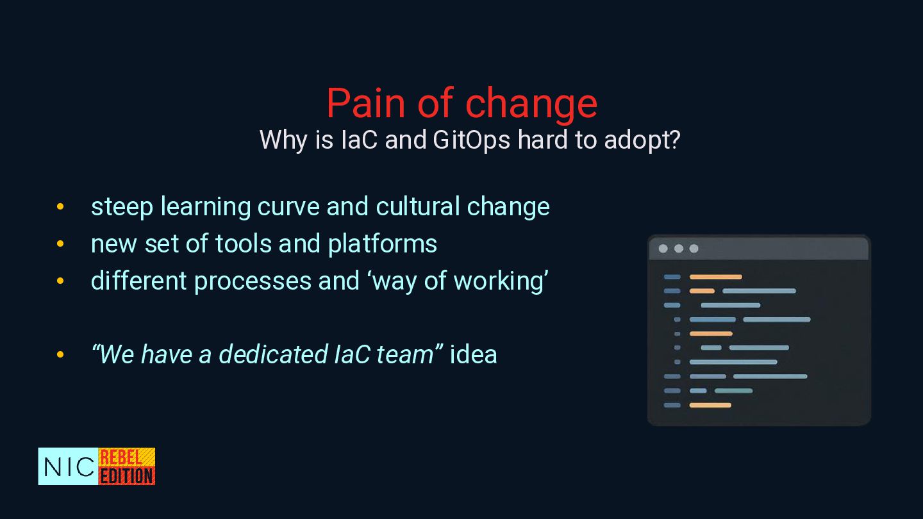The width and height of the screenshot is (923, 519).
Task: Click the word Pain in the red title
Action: click(366, 103)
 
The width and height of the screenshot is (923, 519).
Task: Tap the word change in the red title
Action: click(531, 106)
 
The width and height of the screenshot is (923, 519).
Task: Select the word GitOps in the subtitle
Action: click(472, 141)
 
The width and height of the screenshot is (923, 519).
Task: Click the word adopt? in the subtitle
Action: click(642, 141)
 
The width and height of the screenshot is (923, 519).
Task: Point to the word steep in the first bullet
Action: click(122, 208)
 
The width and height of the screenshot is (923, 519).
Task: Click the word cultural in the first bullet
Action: click(418, 206)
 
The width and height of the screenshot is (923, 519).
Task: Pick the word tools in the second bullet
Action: click(244, 243)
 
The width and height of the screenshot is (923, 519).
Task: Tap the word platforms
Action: click(383, 245)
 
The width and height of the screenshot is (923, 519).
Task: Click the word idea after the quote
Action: click(474, 354)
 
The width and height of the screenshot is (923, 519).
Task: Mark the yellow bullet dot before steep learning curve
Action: click(60, 206)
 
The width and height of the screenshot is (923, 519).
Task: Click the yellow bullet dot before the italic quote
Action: click(60, 354)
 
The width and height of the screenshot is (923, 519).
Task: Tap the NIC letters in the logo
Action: click(69, 466)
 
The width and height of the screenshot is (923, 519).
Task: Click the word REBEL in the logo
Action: click(121, 457)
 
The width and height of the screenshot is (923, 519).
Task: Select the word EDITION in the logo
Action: click(127, 476)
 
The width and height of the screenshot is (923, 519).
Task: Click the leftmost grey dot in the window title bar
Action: click(663, 249)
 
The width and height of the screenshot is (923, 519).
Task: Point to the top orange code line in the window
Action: click(716, 277)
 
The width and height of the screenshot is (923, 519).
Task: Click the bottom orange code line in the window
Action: click(710, 406)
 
